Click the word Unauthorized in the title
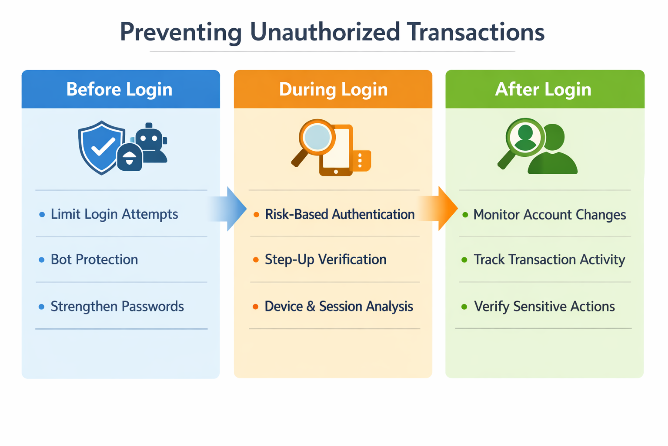324,32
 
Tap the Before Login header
120,89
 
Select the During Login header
333,89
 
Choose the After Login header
543,89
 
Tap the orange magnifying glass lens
317,136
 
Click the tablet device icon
336,151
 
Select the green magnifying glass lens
525,136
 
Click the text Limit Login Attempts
114,214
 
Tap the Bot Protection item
94,260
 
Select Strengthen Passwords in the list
117,307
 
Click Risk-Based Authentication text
340,214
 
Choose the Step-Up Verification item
325,260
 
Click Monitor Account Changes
549,215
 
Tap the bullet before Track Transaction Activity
464,260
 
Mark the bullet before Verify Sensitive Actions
464,307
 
